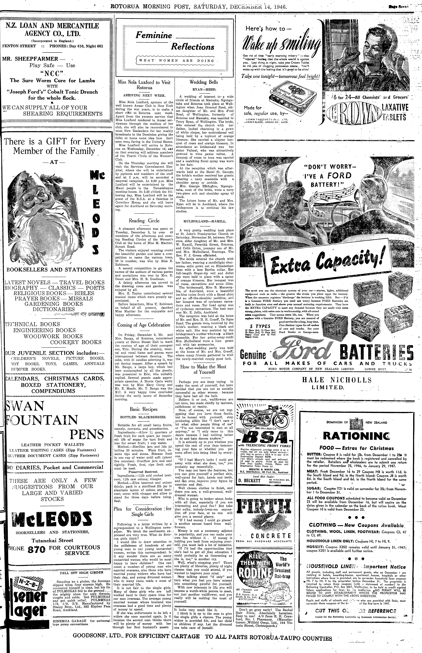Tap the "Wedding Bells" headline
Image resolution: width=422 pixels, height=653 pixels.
click(x=204, y=82)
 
